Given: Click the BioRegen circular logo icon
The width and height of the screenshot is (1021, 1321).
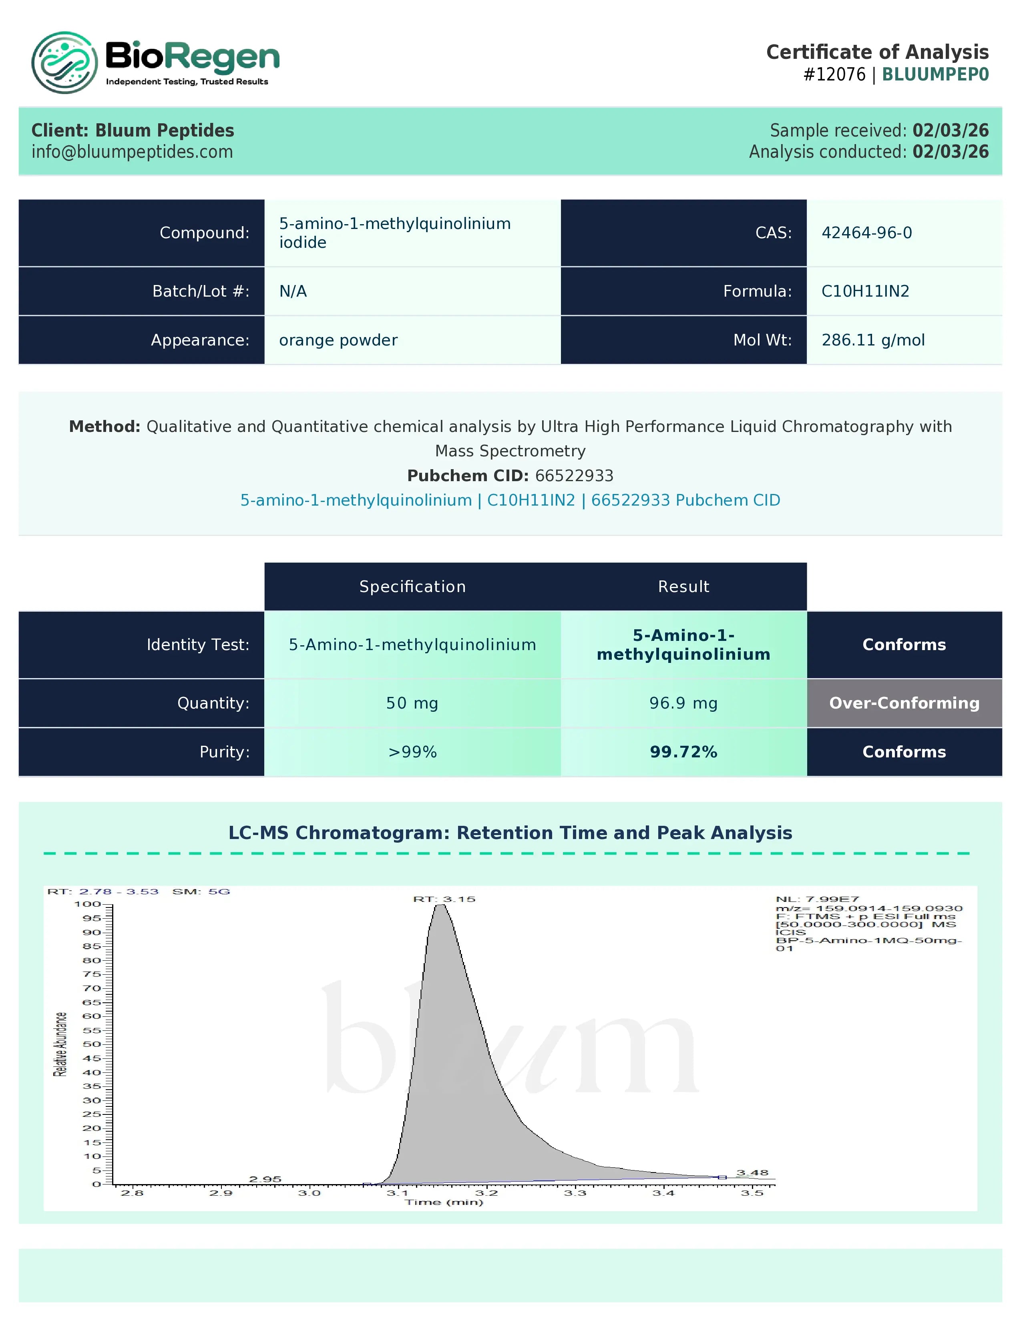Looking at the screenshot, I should pos(64,63).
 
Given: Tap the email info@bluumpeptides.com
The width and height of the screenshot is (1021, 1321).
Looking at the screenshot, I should pos(132,152).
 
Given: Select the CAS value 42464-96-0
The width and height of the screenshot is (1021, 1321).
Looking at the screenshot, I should pos(866,233).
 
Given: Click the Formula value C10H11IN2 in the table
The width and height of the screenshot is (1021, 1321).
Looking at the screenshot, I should pos(865,291).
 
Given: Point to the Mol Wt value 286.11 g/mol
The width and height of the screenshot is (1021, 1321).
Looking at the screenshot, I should pos(873,340).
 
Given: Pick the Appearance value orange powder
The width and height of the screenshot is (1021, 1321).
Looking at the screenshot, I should pos(338,340).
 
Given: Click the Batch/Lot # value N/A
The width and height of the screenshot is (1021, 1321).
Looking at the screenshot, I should pos(293,291).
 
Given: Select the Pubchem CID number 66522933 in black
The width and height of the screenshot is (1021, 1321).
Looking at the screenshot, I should pos(574,476).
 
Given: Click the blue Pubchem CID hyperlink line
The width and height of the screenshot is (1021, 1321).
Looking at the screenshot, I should pos(510,500).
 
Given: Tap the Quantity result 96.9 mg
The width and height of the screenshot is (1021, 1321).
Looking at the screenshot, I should pos(683,703).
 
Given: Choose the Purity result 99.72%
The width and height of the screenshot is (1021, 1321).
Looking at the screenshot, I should pos(683,752).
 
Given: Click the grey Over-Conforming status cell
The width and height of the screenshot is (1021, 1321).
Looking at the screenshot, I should pos(904,703).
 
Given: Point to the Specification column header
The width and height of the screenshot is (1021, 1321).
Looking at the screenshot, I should pos(412,587).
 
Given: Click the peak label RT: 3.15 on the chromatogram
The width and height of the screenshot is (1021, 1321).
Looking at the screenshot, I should pos(444,899).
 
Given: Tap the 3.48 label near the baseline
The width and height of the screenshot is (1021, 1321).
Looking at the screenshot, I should pos(752,1173).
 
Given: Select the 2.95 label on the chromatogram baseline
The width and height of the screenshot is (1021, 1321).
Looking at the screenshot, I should pos(265,1179).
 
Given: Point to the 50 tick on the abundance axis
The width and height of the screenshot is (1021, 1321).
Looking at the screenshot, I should pos(92,1044).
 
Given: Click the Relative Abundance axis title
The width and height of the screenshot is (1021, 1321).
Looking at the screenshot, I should pos(60,1044).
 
